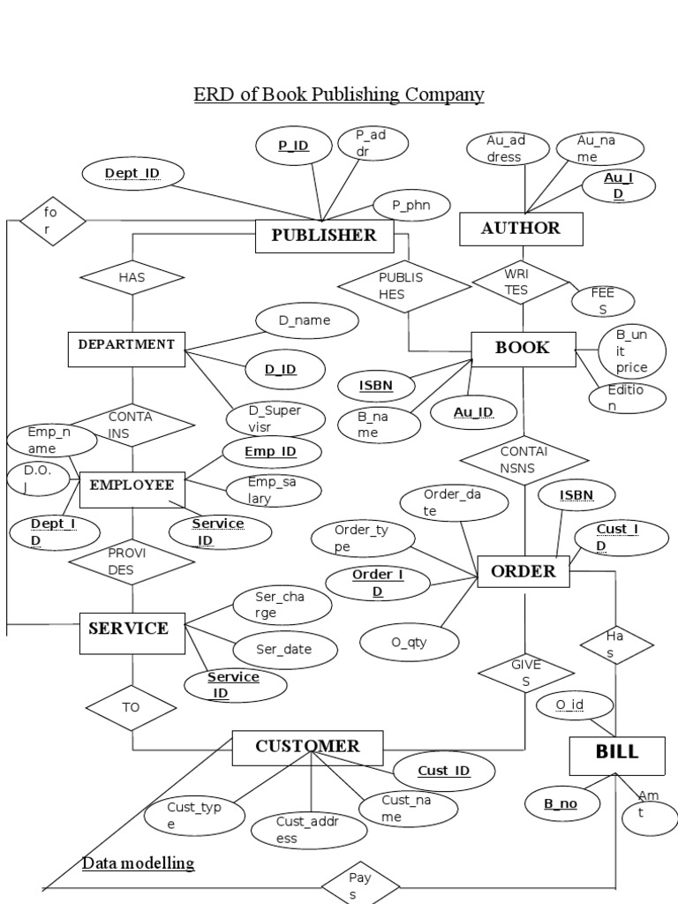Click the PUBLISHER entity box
pos(324,235)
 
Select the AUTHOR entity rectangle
pos(521,229)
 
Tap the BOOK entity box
pos(523,348)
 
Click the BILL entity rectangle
pos(616,752)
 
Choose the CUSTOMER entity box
pos(307,747)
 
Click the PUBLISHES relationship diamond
pos(404,285)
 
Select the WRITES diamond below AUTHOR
pos(520,282)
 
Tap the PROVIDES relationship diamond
pos(132,561)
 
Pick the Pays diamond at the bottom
pos(359,885)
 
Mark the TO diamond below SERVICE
pos(132,707)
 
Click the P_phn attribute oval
pos(410,206)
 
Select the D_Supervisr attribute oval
pos(275,419)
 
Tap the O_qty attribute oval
pos(410,642)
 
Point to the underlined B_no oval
pos(561,803)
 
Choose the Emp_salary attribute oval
pos(273,490)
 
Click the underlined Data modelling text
pos(138,863)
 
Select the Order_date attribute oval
pos(454,502)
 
